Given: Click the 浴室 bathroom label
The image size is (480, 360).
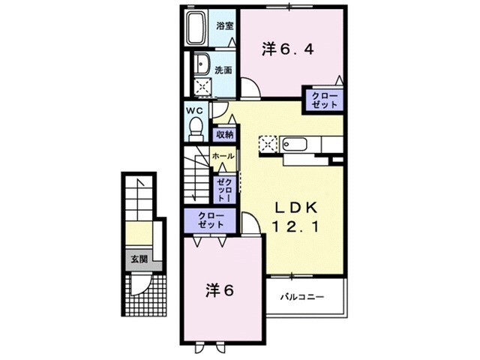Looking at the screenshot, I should pyautogui.click(x=224, y=25).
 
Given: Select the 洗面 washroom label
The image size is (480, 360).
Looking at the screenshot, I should pyautogui.click(x=223, y=70).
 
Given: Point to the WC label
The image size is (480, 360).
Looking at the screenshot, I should pyautogui.click(x=195, y=110).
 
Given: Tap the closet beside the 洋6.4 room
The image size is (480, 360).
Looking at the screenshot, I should pyautogui.click(x=322, y=101).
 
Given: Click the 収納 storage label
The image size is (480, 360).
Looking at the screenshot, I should pyautogui.click(x=223, y=135).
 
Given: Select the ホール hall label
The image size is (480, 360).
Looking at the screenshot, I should pyautogui.click(x=223, y=155).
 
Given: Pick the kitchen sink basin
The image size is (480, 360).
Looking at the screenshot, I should pyautogui.click(x=299, y=142).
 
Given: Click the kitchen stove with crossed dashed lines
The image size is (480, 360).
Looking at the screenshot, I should pyautogui.click(x=269, y=142).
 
